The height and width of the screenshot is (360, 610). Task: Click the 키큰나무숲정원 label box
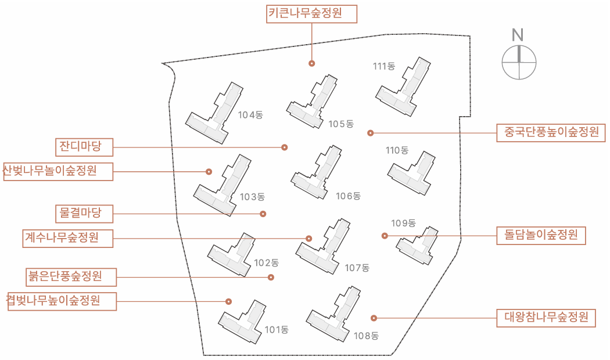311,14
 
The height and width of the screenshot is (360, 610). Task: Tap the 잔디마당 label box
84,147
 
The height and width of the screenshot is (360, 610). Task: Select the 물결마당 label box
84,214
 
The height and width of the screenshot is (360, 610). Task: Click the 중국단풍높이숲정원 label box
551,132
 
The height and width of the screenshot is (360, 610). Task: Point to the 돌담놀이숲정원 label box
541,235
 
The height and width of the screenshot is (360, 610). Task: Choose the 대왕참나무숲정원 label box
546,318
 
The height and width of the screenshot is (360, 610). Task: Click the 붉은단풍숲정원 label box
71,277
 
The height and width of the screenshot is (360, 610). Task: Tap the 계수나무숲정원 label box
68,238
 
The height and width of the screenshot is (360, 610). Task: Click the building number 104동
250,115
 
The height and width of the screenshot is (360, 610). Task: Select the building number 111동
384,66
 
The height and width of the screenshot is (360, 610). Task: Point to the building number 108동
366,336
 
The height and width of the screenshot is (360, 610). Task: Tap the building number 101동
277,330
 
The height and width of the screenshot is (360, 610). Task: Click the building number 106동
349,196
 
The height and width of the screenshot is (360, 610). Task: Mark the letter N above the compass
518,35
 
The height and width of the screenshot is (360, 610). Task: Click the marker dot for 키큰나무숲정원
311,63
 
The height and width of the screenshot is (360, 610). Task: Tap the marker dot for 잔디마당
285,147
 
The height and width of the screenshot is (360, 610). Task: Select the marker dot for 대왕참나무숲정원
374,318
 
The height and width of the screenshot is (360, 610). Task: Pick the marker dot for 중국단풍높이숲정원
371,133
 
